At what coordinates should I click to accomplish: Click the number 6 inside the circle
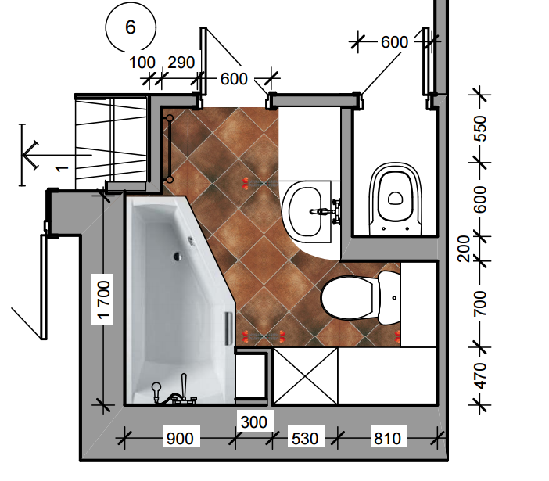pos(131,27)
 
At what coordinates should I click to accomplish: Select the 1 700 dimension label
pos(104,300)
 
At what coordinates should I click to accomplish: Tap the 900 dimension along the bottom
pos(180,438)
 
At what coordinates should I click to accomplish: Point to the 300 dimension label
pos(254,422)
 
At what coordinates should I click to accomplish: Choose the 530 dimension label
pos(305,438)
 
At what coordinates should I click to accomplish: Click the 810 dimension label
pos(387,438)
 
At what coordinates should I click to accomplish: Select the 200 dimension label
pos(464,249)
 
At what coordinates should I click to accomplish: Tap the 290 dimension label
pos(181,63)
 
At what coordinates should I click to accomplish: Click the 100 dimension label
pos(142,63)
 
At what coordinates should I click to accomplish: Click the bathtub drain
pos(178,257)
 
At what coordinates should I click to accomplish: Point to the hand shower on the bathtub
pos(156,392)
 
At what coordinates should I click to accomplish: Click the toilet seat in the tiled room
pos(347,297)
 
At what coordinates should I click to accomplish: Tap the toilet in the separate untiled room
pos(396,198)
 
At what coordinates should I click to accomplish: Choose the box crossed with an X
pos(305,376)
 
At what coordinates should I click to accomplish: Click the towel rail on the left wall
pos(170,149)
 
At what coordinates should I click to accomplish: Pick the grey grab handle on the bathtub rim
pos(228,328)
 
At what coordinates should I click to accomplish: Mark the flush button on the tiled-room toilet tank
pos(395,298)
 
